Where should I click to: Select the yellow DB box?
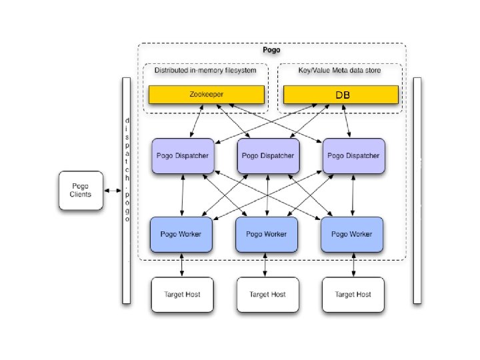pyautogui.click(x=341, y=95)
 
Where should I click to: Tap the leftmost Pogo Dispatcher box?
pyautogui.click(x=183, y=156)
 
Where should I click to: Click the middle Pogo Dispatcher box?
pyautogui.click(x=267, y=156)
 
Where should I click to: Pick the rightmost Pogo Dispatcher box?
pyautogui.click(x=353, y=156)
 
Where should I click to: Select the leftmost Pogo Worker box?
pyautogui.click(x=181, y=235)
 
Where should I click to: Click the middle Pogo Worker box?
pyautogui.click(x=267, y=235)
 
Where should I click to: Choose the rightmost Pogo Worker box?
pyautogui.click(x=352, y=235)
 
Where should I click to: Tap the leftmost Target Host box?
pyautogui.click(x=183, y=294)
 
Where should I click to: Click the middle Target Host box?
pyautogui.click(x=267, y=294)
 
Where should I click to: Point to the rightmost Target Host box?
pyautogui.click(x=353, y=294)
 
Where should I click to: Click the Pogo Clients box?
pyautogui.click(x=81, y=190)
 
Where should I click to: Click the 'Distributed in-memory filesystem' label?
pyautogui.click(x=205, y=70)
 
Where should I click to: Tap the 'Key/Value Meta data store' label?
pyautogui.click(x=339, y=70)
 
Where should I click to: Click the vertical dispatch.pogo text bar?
pyautogui.click(x=127, y=190)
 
